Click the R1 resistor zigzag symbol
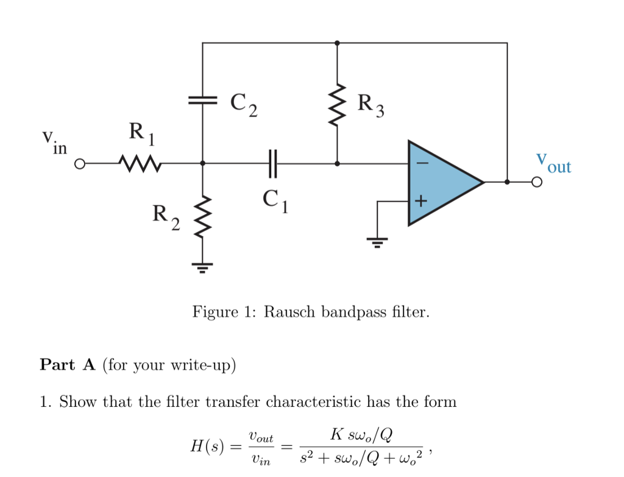click(x=140, y=163)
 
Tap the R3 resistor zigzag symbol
click(x=337, y=105)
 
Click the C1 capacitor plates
click(x=272, y=163)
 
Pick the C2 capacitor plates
click(x=202, y=101)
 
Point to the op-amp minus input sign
click(x=422, y=164)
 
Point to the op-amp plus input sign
click(x=422, y=200)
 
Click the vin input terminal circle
click(x=79, y=164)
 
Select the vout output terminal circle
click(x=536, y=182)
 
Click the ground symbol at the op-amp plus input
click(x=378, y=242)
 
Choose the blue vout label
click(x=553, y=163)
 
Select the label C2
click(x=244, y=105)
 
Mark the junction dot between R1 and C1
click(x=203, y=163)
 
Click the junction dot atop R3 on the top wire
click(x=337, y=43)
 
